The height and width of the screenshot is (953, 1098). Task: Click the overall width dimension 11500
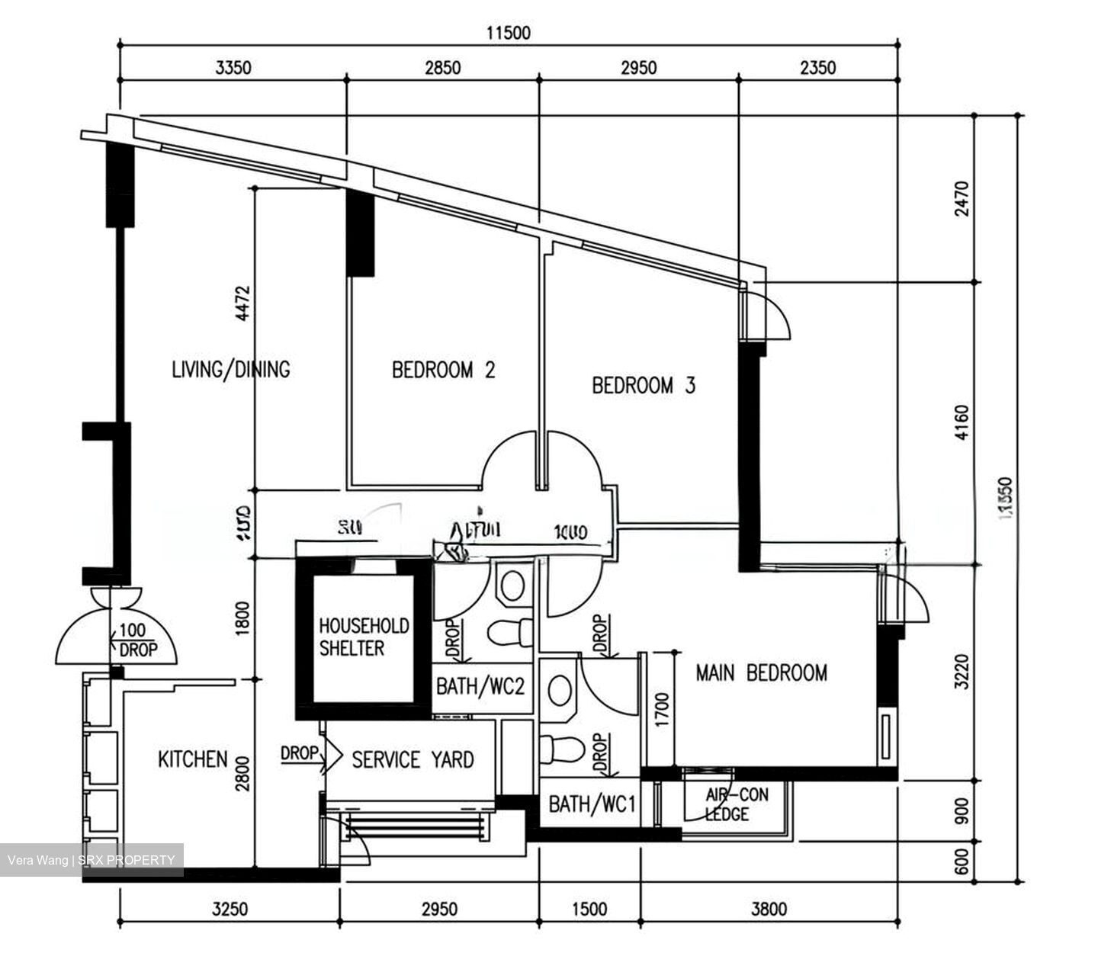[509, 33]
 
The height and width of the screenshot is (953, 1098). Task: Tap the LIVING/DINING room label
[230, 370]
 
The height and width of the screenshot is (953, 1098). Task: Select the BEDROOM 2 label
[443, 371]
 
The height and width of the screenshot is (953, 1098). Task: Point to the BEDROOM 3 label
[644, 385]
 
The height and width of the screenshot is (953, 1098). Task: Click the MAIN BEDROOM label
[761, 672]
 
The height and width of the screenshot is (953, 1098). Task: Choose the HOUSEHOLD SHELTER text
[363, 637]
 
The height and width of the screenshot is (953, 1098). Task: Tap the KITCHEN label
[192, 759]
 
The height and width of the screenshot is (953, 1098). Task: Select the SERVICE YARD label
[412, 759]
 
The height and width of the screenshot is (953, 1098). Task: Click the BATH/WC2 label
[480, 686]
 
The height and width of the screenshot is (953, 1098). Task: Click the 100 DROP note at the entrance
[137, 640]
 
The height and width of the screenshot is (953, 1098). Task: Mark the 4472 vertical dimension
[242, 303]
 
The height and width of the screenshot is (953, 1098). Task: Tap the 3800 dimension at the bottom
[769, 909]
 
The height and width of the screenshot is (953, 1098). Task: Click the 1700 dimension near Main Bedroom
[662, 708]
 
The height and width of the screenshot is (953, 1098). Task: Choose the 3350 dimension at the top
[233, 68]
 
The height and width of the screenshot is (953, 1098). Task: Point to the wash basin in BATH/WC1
[560, 690]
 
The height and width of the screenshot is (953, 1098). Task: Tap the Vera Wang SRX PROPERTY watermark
[91, 861]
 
